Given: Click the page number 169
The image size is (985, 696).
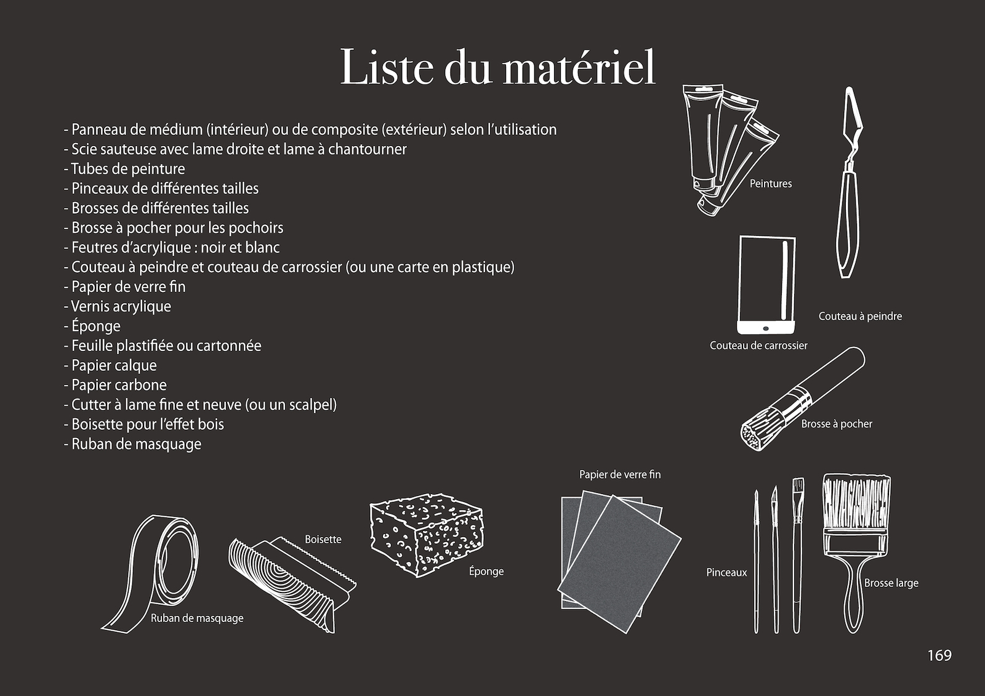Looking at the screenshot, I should [939, 655].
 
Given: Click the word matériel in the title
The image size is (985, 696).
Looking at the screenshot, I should [579, 68].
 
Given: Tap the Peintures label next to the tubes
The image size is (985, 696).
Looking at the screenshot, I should [770, 184].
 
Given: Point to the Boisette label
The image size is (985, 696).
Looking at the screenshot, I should [323, 539].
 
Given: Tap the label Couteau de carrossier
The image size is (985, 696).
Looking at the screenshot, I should [758, 346].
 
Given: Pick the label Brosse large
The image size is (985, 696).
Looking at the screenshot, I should [891, 583].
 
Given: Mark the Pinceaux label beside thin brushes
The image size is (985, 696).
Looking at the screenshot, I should [726, 572].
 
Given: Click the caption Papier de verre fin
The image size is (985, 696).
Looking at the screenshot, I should [619, 474].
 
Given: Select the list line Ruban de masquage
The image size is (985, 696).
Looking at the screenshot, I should [135, 444].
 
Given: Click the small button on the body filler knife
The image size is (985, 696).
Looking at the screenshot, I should [766, 326].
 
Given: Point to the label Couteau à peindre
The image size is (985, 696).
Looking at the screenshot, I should [859, 316].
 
